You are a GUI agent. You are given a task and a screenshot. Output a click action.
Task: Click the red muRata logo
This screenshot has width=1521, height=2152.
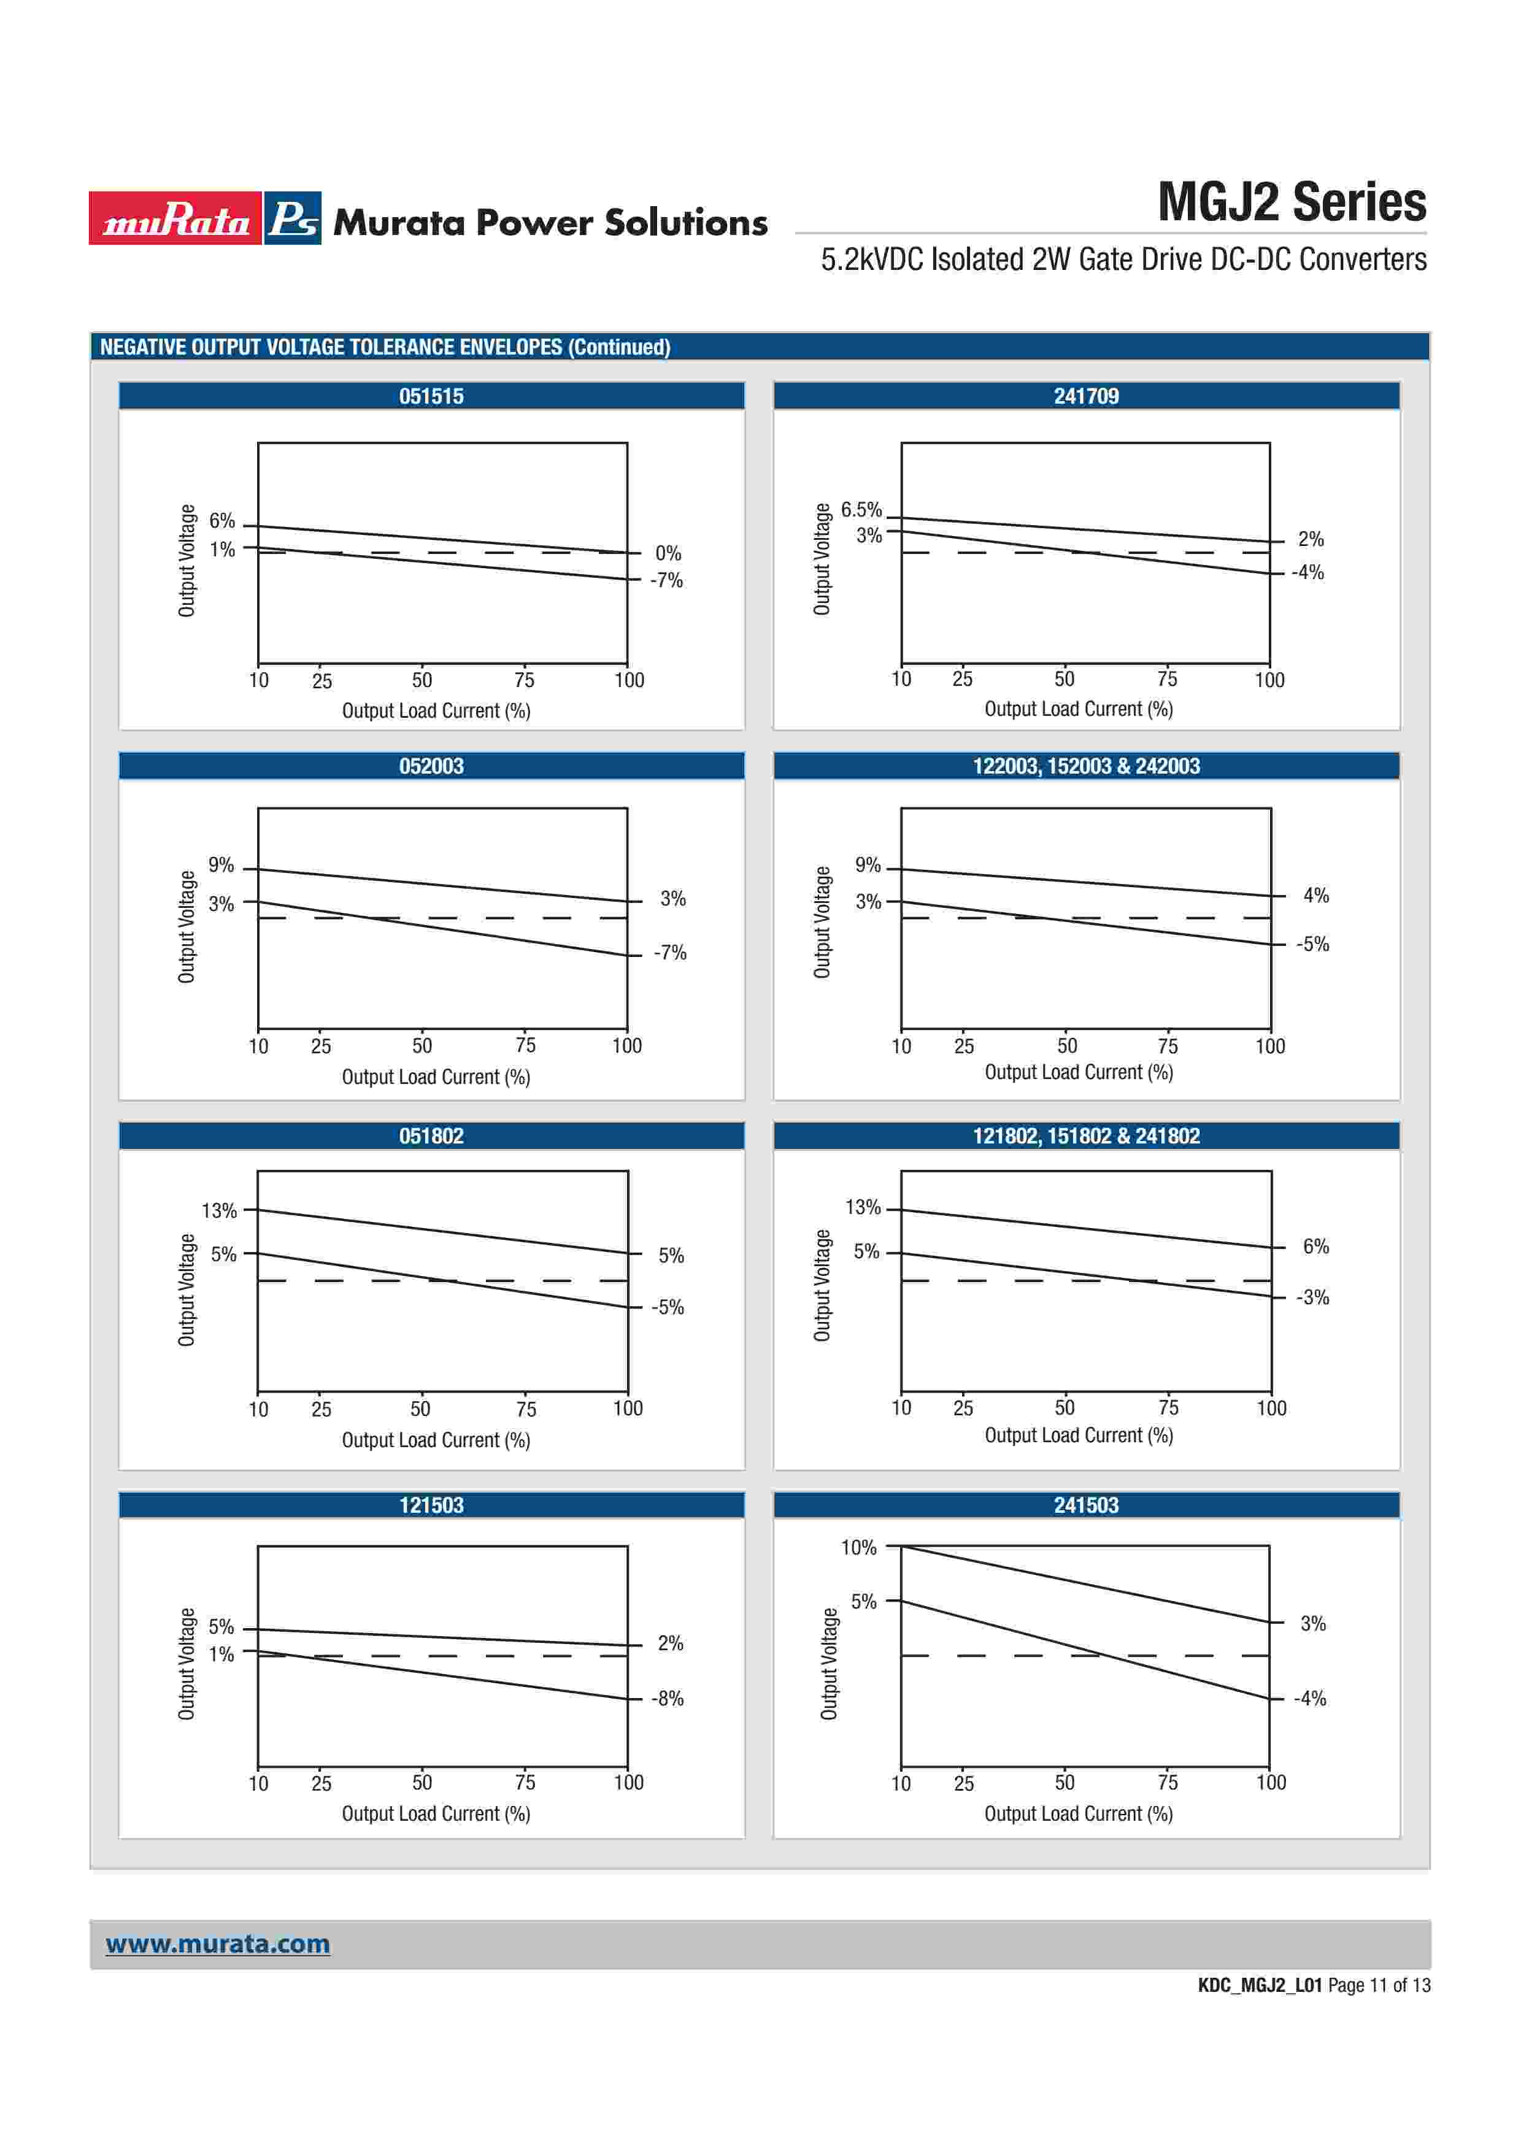(x=175, y=218)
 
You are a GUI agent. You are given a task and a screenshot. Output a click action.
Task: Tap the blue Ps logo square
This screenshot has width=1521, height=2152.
(x=293, y=218)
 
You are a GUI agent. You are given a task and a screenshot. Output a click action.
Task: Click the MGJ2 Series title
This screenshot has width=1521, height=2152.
(x=1292, y=202)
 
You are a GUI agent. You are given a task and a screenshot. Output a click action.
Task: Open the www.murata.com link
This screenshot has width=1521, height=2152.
(x=217, y=1944)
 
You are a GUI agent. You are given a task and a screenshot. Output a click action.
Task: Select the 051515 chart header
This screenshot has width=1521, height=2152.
(x=431, y=396)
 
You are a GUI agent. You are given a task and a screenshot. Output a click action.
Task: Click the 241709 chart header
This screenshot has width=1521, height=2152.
(x=1086, y=396)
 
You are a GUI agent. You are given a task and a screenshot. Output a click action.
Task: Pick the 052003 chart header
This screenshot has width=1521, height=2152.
(x=431, y=766)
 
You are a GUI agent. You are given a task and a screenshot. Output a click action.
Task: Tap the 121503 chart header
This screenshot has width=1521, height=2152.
(x=431, y=1505)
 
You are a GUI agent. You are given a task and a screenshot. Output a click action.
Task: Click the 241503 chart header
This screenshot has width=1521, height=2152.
(x=1086, y=1505)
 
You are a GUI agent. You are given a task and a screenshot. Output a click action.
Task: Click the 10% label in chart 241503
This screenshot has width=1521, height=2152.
(x=858, y=1548)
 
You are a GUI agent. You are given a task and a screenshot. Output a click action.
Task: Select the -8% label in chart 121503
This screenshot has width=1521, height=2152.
(x=668, y=1699)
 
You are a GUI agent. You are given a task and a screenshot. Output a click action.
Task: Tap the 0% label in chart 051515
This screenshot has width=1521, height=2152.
(x=668, y=553)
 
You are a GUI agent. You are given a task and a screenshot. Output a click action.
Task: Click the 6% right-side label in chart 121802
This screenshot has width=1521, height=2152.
(x=1315, y=1247)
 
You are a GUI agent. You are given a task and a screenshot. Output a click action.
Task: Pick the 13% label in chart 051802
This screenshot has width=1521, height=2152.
(x=219, y=1211)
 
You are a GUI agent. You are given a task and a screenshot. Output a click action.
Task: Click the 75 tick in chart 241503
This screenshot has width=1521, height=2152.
(x=1168, y=1783)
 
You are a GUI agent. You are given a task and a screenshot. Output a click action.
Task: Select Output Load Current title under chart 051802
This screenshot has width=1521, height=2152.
(x=436, y=1440)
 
